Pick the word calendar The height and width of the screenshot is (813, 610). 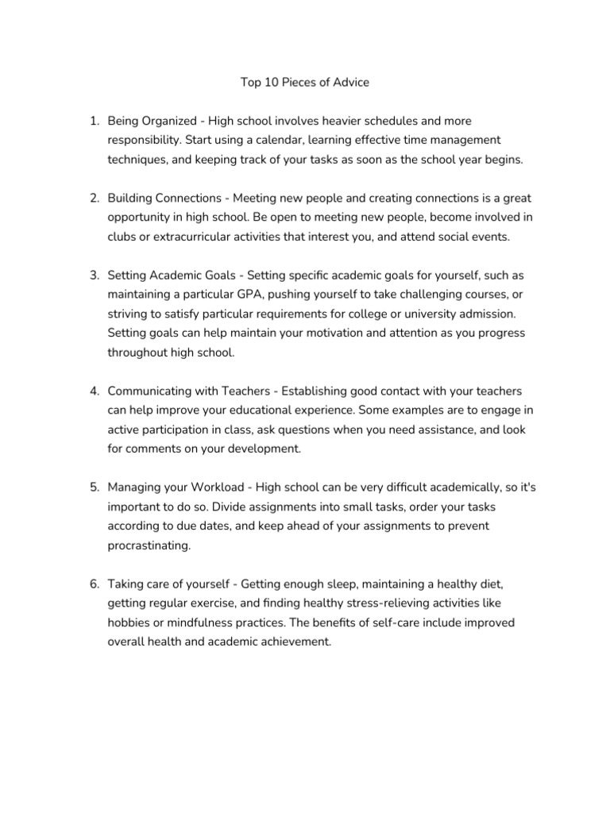pos(282,140)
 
